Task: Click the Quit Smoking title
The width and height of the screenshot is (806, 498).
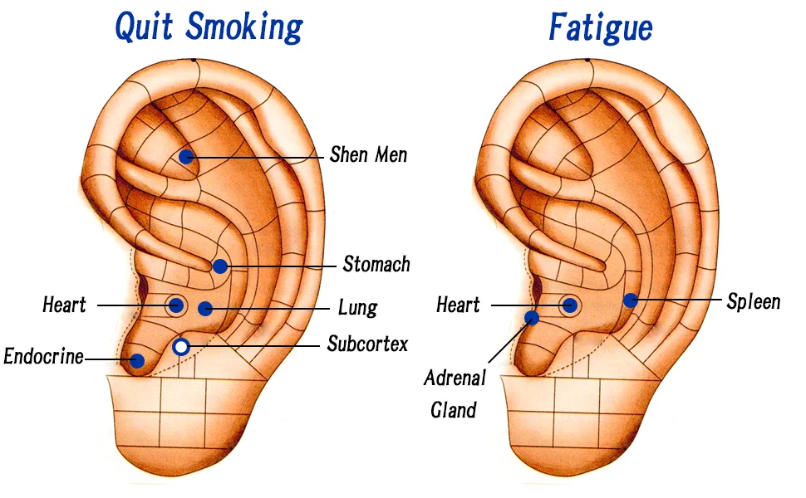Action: (x=209, y=27)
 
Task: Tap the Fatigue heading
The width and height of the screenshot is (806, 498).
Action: (x=601, y=27)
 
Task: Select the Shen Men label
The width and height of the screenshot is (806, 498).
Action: (x=369, y=154)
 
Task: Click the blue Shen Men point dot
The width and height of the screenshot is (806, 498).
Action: (x=186, y=157)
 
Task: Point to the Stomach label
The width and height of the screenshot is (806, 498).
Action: (x=376, y=265)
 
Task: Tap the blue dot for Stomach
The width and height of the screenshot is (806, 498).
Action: (x=220, y=266)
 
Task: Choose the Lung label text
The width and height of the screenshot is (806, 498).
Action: (x=358, y=308)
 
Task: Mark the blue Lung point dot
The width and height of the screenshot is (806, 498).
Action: (x=205, y=308)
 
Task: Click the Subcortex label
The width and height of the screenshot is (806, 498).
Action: (x=367, y=344)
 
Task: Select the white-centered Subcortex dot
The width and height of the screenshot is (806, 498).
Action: (x=180, y=347)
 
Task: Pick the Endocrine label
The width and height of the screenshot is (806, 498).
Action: (x=44, y=356)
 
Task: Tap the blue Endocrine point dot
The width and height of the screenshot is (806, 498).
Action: (x=137, y=361)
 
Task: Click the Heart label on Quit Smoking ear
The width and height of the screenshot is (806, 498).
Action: (x=64, y=305)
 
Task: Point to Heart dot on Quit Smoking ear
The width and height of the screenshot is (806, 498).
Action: (x=176, y=305)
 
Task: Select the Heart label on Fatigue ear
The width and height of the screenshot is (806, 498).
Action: (x=458, y=305)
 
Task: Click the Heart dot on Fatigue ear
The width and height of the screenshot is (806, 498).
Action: (x=569, y=305)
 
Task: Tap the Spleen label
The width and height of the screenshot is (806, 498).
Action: (x=754, y=302)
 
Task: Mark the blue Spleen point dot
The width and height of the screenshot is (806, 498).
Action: (x=631, y=300)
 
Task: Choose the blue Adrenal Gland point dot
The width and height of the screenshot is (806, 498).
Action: (x=532, y=318)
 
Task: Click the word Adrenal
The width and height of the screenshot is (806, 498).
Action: (x=455, y=378)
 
